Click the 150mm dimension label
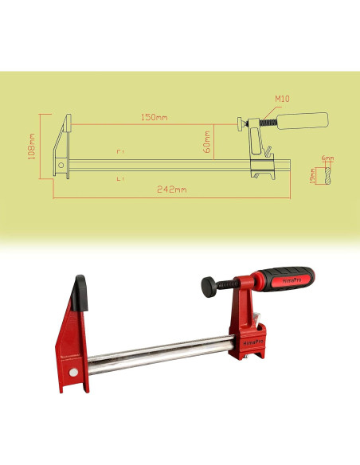(x=155, y=117)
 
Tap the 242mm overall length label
(x=172, y=190)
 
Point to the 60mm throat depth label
(x=206, y=141)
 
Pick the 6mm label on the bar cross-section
(x=327, y=158)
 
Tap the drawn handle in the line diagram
(x=303, y=121)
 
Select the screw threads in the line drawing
(x=264, y=123)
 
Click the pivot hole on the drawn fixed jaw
(x=60, y=166)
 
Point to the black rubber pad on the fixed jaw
(x=80, y=292)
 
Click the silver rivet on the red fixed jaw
(x=73, y=373)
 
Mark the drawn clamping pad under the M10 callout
(x=239, y=123)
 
